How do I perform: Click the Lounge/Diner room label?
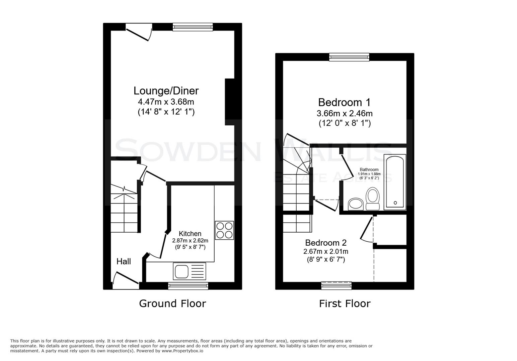tap(166, 91)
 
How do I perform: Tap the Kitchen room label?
tap(190, 234)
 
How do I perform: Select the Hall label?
tap(124, 261)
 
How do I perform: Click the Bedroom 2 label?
tap(325, 243)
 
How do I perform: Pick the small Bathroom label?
tap(369, 169)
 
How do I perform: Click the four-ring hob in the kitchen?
tap(224, 230)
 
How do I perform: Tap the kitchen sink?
tap(189, 271)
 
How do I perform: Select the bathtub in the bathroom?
tap(395, 182)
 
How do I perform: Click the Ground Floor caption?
tap(172, 304)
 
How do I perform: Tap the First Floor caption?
tap(345, 304)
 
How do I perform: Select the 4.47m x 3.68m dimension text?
tap(166, 102)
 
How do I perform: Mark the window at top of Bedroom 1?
tap(349, 57)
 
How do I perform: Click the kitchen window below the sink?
tap(188, 285)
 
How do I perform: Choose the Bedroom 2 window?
tap(336, 285)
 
